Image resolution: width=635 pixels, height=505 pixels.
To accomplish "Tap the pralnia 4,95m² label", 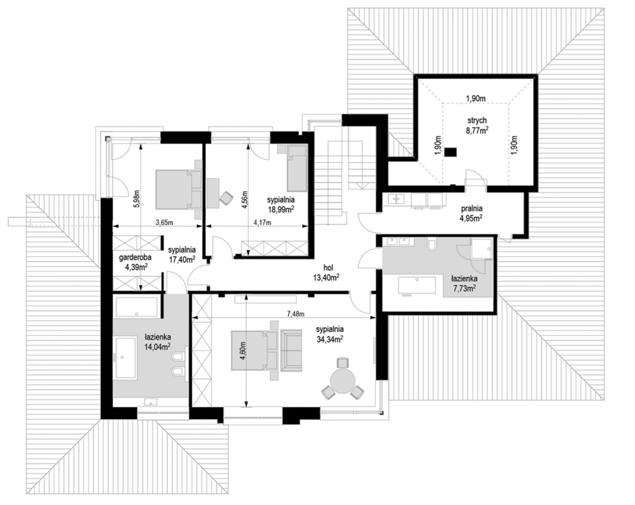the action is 471,213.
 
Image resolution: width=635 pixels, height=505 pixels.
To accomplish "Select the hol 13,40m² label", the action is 326,273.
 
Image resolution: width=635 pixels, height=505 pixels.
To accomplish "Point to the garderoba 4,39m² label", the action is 135,262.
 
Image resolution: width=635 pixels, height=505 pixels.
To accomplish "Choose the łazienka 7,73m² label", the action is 464,283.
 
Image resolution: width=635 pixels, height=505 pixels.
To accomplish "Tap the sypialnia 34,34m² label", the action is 330,334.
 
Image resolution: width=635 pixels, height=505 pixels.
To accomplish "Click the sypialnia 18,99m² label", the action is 280,205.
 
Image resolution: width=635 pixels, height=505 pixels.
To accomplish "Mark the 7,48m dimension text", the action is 296,314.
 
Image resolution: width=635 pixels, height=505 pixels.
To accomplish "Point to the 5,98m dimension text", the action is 137,199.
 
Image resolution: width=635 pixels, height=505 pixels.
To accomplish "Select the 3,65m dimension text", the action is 164,222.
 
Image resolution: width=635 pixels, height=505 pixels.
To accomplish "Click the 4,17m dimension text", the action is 262,222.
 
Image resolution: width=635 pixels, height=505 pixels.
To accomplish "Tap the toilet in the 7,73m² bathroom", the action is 432,245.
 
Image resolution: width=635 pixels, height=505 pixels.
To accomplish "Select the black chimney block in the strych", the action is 450,152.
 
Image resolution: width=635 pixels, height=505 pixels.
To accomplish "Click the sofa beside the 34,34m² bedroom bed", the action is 291,350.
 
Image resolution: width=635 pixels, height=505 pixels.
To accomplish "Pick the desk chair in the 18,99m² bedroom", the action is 226,197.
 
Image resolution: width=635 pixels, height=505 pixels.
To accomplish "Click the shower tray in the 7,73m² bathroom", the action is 482,248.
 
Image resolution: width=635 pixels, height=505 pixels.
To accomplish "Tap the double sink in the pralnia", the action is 396,199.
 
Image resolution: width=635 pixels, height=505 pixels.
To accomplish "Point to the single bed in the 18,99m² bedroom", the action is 297,168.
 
